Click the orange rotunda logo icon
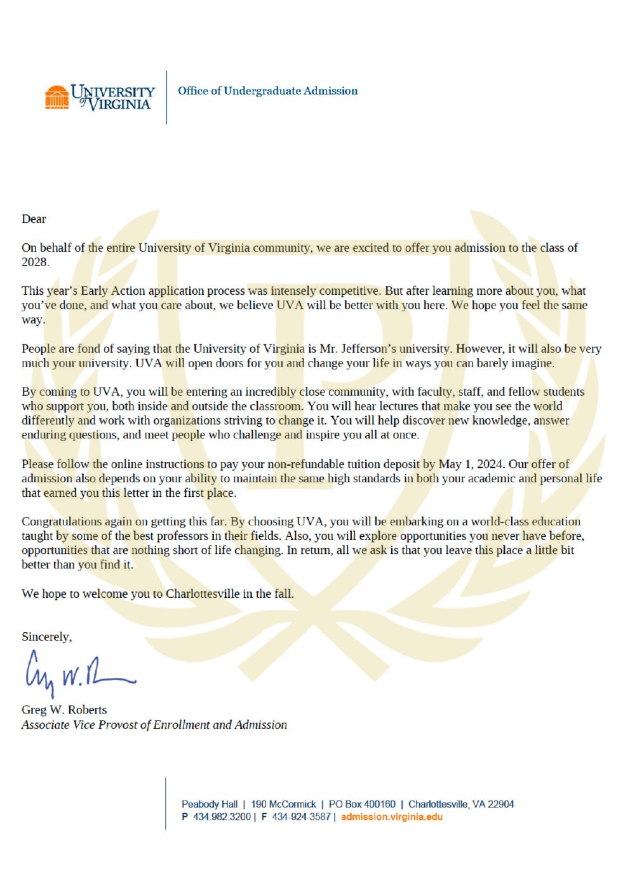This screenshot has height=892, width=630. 57,97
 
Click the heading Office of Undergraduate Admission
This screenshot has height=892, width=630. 267,91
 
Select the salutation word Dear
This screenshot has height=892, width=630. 34,219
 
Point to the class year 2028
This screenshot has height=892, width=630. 35,262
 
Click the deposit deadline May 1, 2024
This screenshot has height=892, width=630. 471,464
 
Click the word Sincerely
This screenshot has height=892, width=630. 46,637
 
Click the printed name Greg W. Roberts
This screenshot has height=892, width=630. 64,710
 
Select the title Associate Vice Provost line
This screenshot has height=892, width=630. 154,725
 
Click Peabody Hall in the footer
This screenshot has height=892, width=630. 210,804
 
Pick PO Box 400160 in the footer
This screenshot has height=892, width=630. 362,804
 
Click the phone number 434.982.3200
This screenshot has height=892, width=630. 222,817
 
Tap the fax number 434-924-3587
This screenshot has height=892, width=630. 301,817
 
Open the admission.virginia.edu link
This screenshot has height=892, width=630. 391,817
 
